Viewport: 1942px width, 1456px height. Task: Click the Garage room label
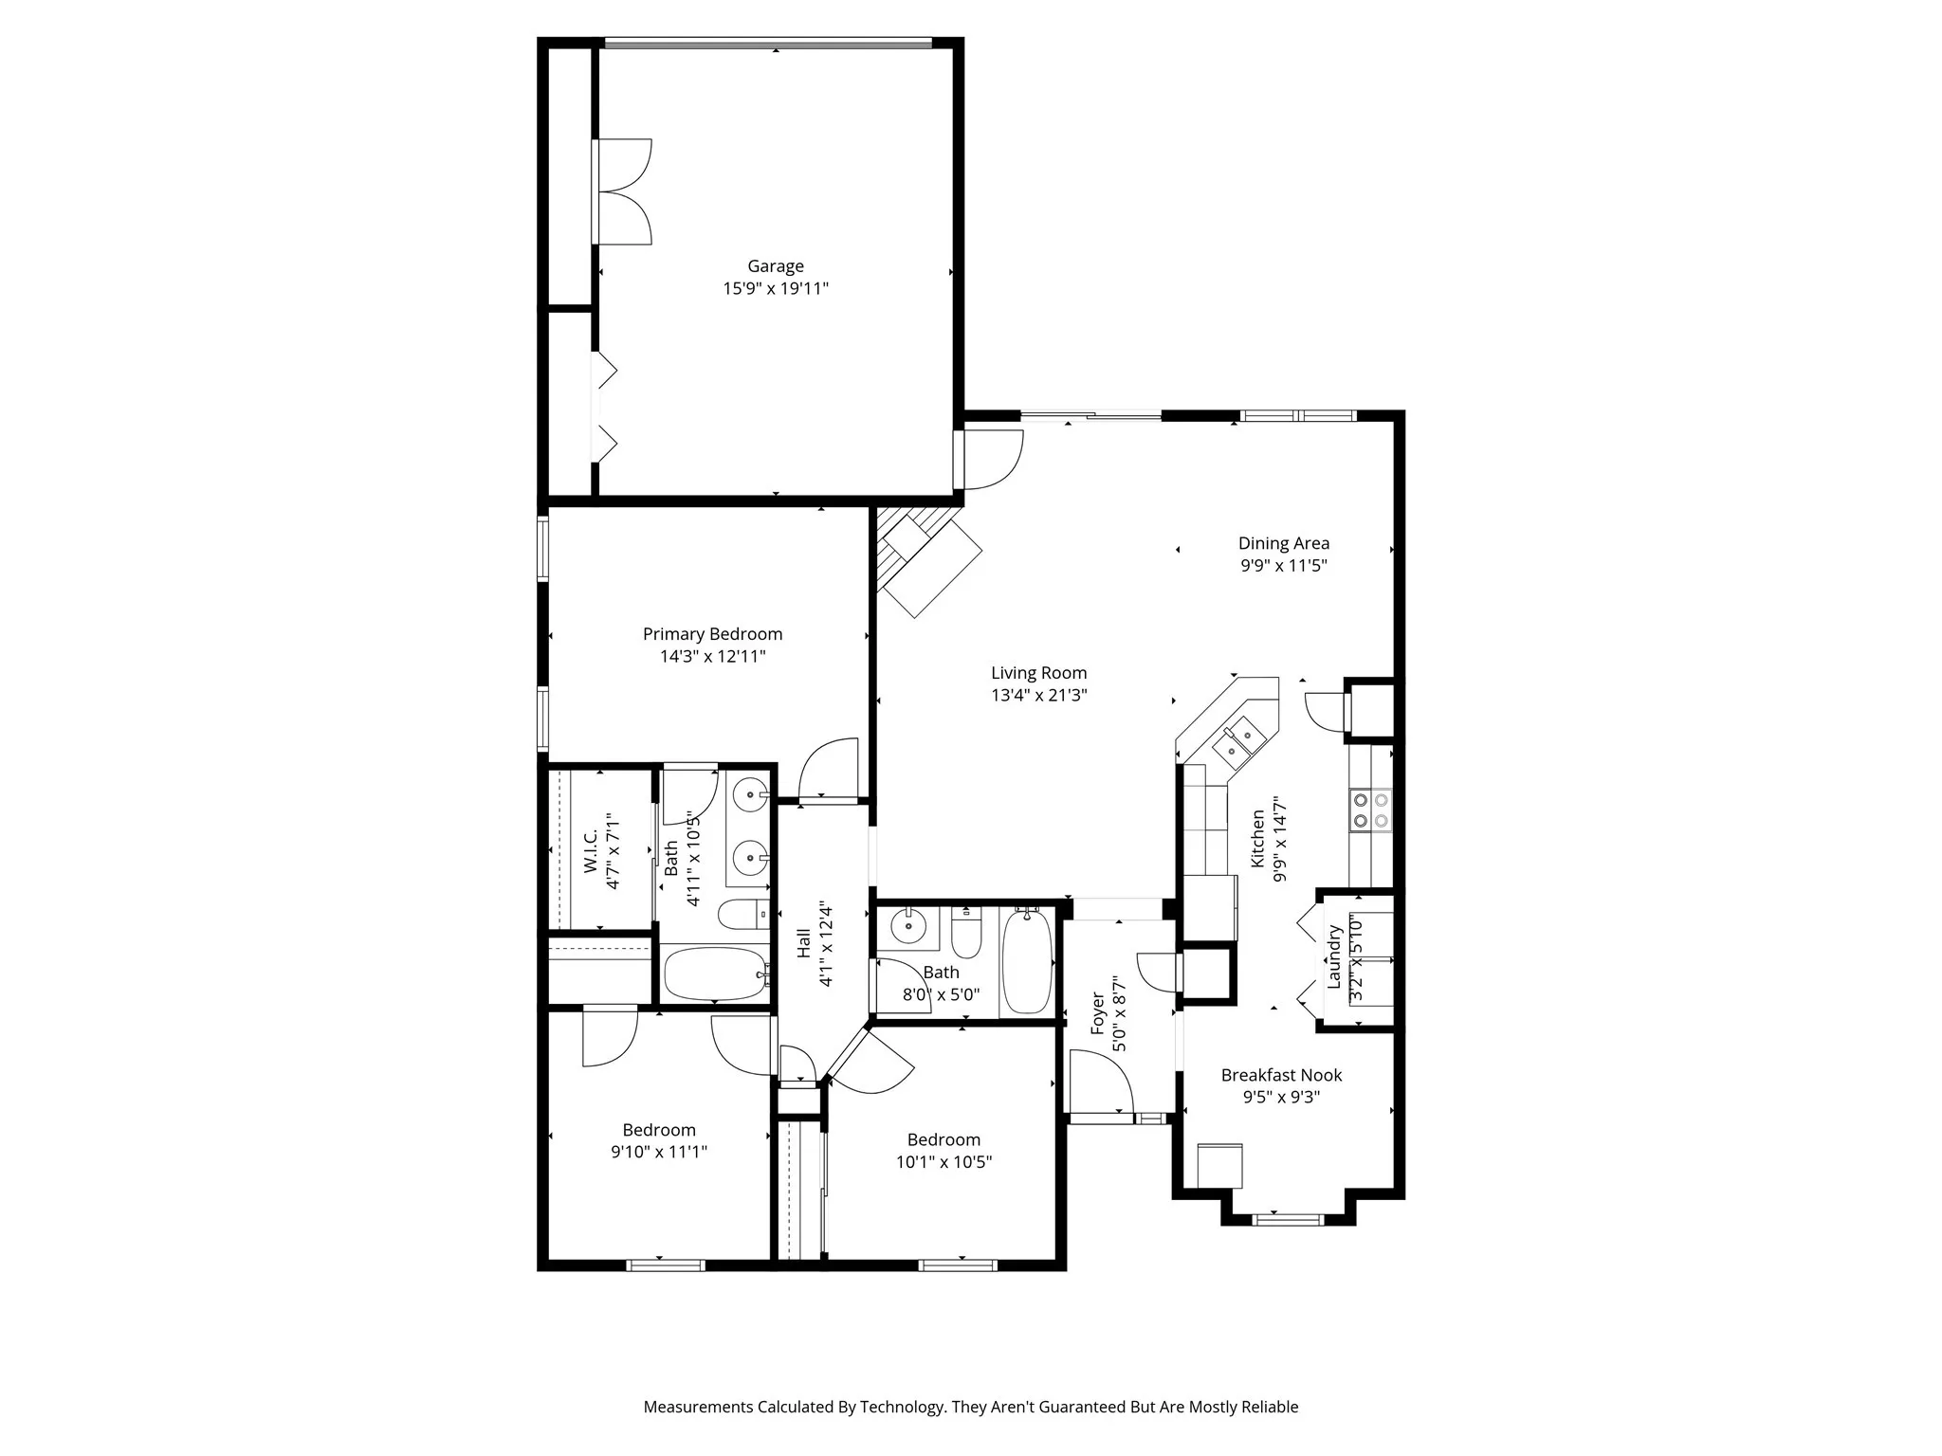pos(775,266)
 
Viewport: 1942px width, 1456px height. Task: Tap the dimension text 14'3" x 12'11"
pos(712,656)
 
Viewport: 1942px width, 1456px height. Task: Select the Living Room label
pos(1038,673)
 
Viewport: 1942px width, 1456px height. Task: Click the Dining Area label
pos(1283,543)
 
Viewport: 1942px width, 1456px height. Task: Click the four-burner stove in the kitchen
pos(1370,810)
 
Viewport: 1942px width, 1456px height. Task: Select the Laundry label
pos(1334,957)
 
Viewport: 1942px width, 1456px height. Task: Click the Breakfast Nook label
pos(1281,1075)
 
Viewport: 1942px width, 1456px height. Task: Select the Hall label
pos(804,942)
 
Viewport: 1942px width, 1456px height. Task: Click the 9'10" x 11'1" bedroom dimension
pos(659,1152)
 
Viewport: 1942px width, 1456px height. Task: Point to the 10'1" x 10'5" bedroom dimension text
pos(944,1161)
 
